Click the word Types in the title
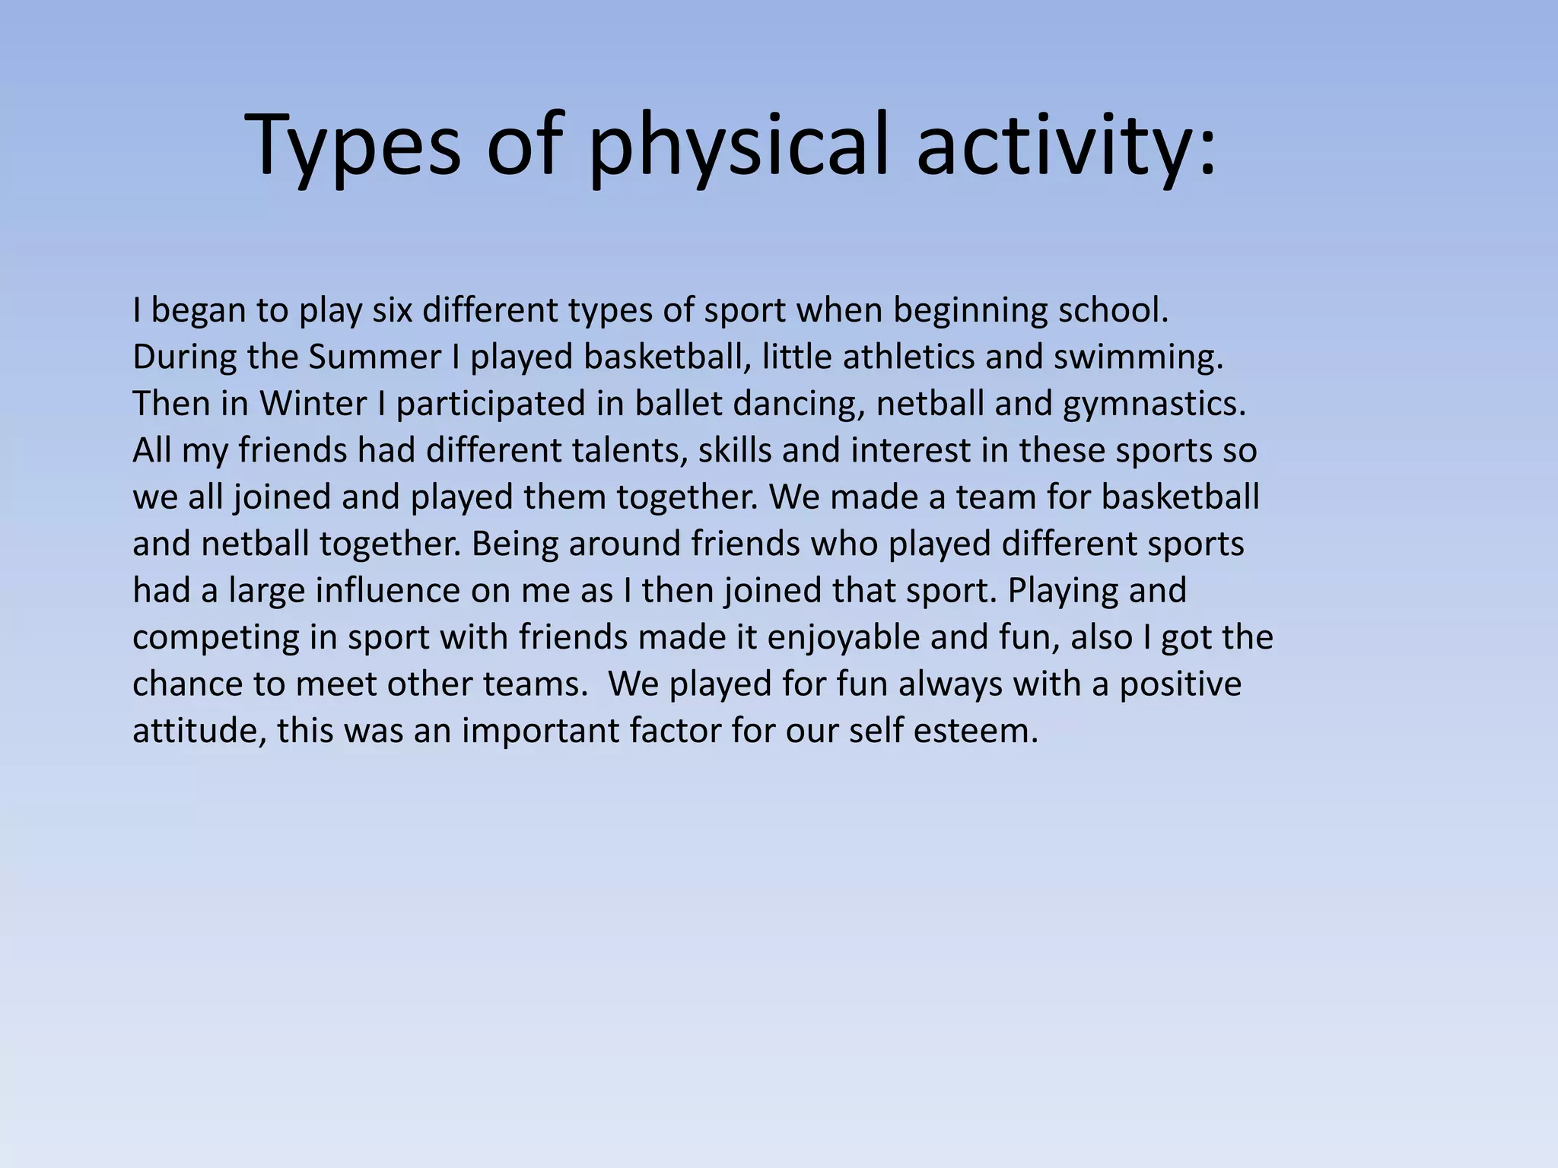point(353,146)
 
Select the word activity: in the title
point(1065,146)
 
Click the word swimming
point(1138,357)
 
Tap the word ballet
point(679,404)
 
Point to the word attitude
point(199,731)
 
